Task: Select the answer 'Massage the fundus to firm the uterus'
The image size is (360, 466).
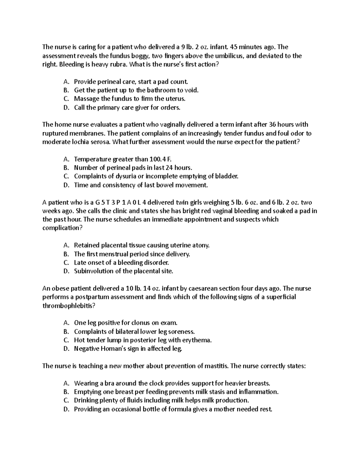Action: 130,99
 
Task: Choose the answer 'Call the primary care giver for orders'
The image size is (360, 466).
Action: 127,107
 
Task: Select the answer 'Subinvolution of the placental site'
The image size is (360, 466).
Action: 124,271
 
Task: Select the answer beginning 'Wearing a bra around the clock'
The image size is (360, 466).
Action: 172,383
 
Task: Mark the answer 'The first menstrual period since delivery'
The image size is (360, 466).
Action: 132,254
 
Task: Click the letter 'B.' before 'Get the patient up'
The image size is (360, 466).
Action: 66,90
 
